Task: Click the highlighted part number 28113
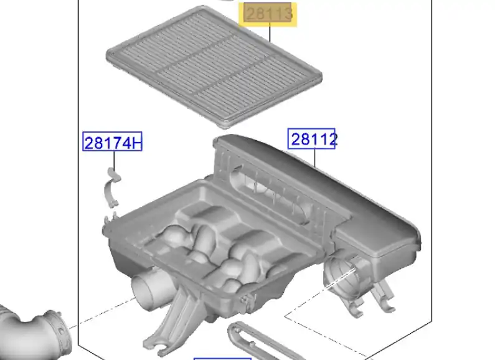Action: (x=268, y=13)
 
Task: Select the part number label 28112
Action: (x=311, y=139)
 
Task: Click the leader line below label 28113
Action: (x=270, y=32)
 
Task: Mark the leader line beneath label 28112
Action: (x=314, y=158)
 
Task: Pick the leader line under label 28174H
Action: (x=114, y=159)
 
